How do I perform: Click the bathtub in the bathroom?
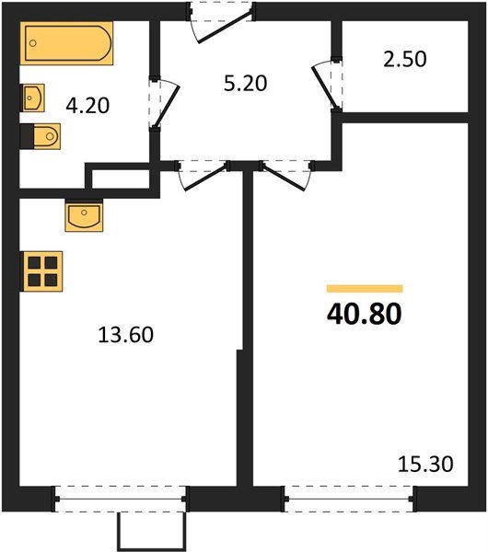pyautogui.click(x=67, y=43)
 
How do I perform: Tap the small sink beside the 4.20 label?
pyautogui.click(x=33, y=96)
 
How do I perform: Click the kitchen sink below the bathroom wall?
pyautogui.click(x=83, y=217)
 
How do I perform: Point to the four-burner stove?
pyautogui.click(x=41, y=272)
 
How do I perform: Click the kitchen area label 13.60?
pyautogui.click(x=124, y=335)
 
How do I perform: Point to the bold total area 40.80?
pyautogui.click(x=364, y=314)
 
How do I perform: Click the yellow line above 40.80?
pyautogui.click(x=365, y=289)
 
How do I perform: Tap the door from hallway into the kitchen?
pyautogui.click(x=201, y=173)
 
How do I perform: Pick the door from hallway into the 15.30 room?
pyautogui.click(x=285, y=173)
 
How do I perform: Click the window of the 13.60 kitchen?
pyautogui.click(x=121, y=500)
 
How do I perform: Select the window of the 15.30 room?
pyautogui.click(x=349, y=500)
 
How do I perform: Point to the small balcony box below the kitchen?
pyautogui.click(x=152, y=531)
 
